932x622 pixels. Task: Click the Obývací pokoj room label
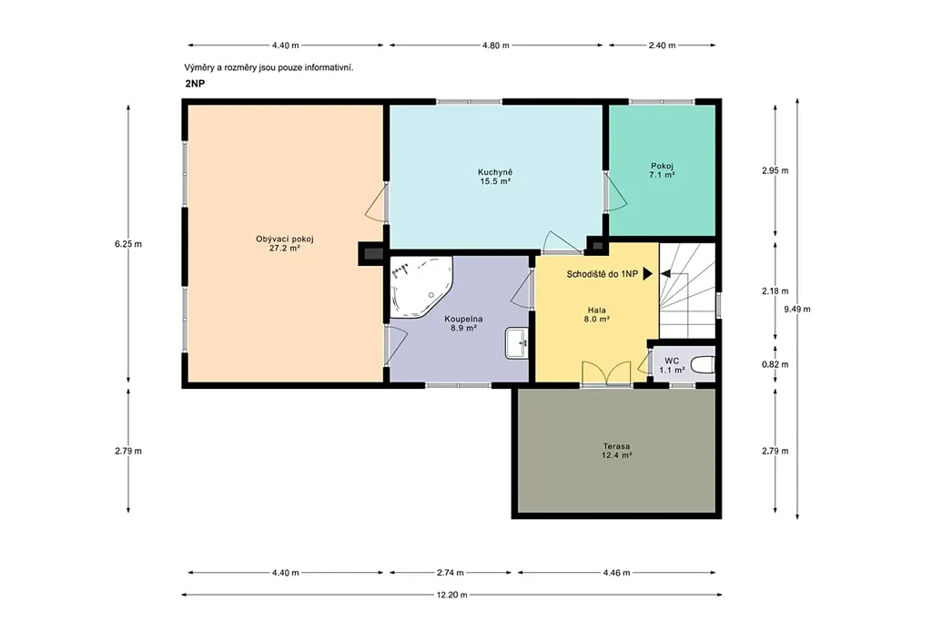285,243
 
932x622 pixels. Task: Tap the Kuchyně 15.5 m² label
495,177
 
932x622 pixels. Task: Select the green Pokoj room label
663,170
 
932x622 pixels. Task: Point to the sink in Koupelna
517,343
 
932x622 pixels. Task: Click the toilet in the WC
703,364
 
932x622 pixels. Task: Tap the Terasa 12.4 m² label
616,451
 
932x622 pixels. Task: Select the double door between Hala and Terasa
606,374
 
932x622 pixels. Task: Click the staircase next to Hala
687,291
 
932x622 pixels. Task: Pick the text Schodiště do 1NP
603,274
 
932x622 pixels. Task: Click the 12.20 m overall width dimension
451,594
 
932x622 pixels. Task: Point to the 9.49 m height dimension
797,309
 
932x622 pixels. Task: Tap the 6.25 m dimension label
128,244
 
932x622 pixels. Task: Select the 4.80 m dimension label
496,46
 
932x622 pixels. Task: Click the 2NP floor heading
195,84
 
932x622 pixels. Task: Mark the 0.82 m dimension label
775,364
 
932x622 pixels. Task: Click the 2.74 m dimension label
450,573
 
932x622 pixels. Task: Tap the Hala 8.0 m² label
597,314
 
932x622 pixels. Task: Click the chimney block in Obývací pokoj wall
373,254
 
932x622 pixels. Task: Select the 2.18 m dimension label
775,291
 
